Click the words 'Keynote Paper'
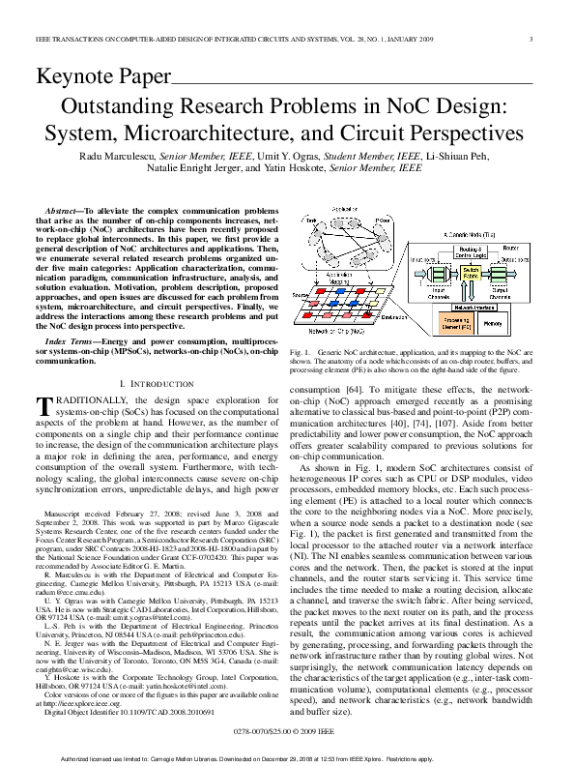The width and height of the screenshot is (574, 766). [x=101, y=75]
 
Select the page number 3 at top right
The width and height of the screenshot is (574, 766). [x=532, y=40]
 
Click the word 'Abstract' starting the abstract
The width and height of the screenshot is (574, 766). [x=63, y=210]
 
